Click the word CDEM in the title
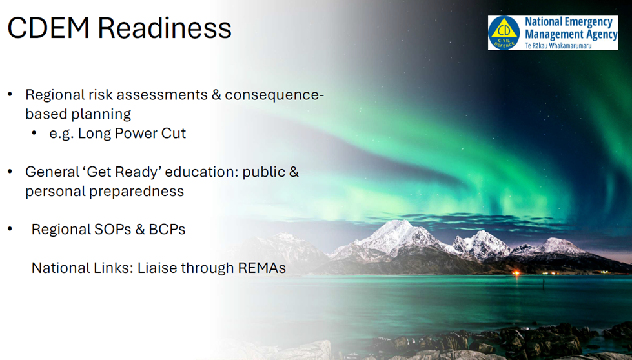tap(48, 28)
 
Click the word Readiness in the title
tap(165, 28)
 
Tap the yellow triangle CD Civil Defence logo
tap(504, 33)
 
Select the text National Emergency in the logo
tap(568, 22)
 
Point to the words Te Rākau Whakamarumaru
tap(558, 46)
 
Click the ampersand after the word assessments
tap(216, 95)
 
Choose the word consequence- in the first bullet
tap(274, 95)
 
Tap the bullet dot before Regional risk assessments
tap(10, 95)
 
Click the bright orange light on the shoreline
tap(516, 273)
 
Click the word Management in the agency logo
tap(550, 35)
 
